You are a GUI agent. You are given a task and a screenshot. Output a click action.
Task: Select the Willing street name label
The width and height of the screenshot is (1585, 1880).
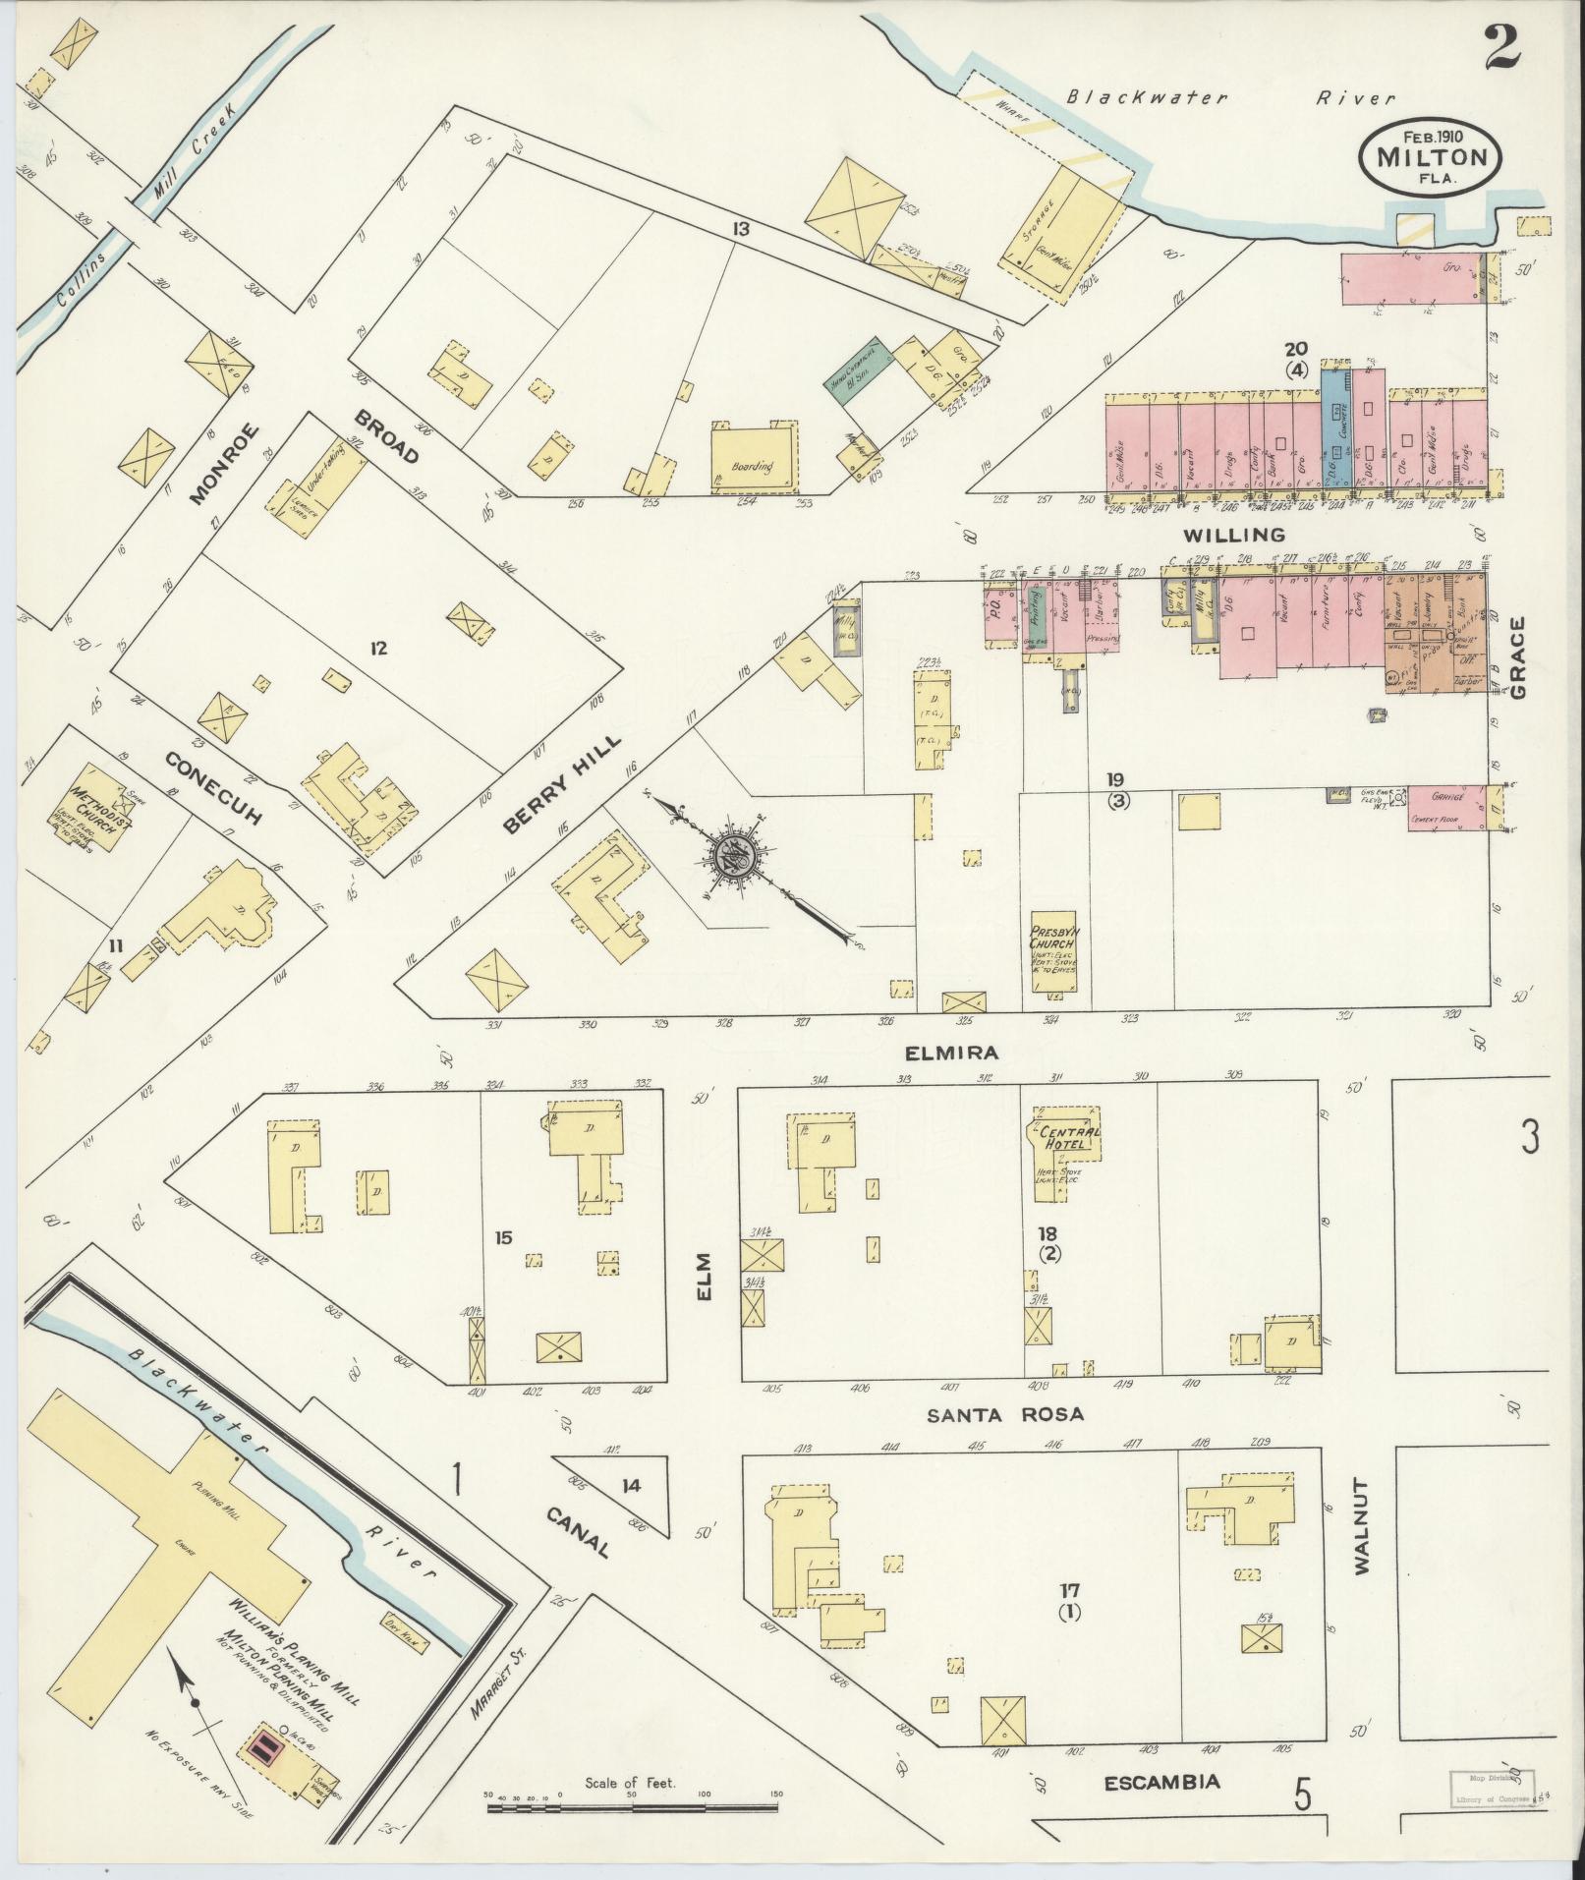click(x=1234, y=536)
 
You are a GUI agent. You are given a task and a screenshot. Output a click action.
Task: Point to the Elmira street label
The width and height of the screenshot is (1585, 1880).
click(x=953, y=1053)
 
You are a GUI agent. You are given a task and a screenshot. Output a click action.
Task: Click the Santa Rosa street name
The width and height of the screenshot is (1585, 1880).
click(x=1005, y=1415)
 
